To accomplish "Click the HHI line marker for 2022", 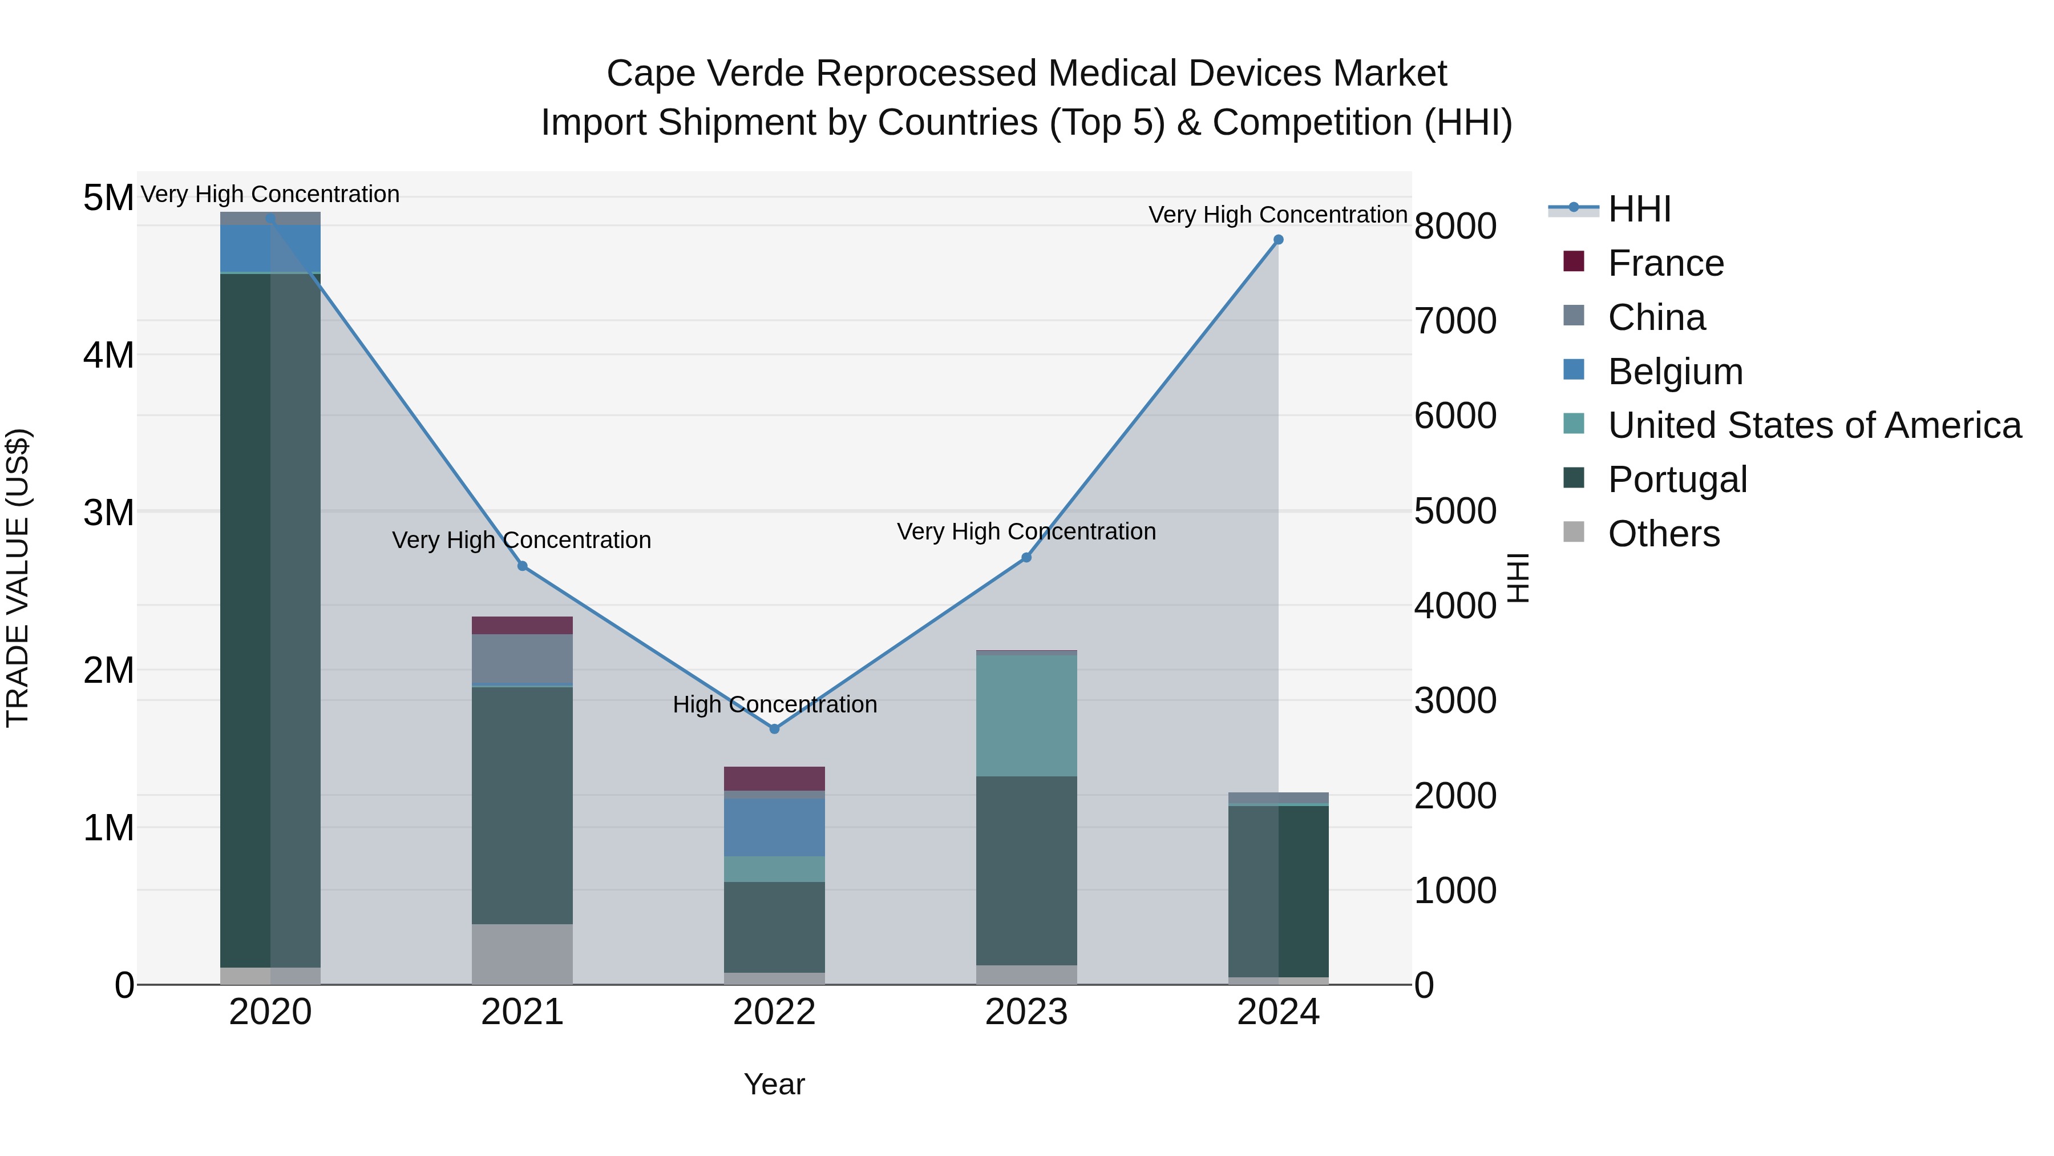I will coord(774,728).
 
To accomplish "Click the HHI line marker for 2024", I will coord(1278,239).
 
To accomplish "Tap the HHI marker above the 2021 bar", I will coord(522,566).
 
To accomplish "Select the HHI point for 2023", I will coord(1026,558).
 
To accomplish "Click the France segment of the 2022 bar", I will coord(774,778).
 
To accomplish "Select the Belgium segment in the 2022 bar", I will coord(774,827).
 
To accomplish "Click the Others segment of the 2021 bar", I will coord(522,953).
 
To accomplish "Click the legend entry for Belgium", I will coord(1675,372).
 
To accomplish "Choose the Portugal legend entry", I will coord(1677,480).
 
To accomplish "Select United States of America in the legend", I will coord(1814,425).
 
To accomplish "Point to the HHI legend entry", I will coord(1639,209).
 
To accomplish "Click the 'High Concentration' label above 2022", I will coord(774,704).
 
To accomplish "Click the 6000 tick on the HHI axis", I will coord(1455,416).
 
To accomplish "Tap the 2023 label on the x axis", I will coord(1026,1012).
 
